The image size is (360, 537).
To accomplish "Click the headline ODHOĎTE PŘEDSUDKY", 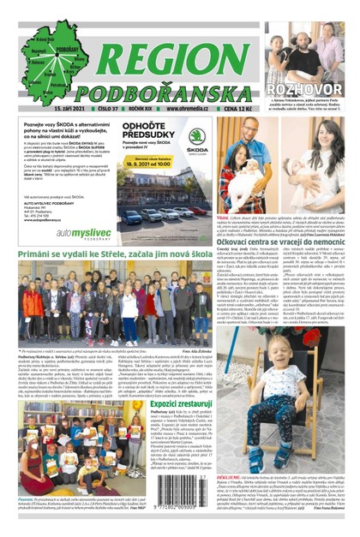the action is pos(149,130).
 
